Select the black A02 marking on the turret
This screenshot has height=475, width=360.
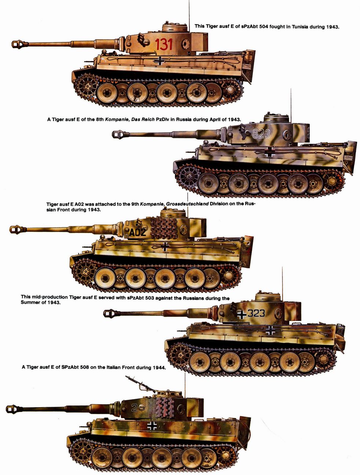pyautogui.click(x=137, y=233)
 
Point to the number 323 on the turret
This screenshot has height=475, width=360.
pyautogui.click(x=256, y=313)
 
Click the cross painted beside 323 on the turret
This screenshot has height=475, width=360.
pyautogui.click(x=241, y=314)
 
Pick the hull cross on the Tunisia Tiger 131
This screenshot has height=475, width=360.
pyautogui.click(x=160, y=61)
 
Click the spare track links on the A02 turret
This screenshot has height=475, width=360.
pyautogui.click(x=164, y=228)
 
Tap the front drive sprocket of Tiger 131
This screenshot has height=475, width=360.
pyautogui.click(x=87, y=86)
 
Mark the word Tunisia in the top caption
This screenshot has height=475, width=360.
pyautogui.click(x=300, y=27)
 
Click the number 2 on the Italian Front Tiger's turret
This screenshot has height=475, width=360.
pyautogui.click(x=134, y=408)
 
